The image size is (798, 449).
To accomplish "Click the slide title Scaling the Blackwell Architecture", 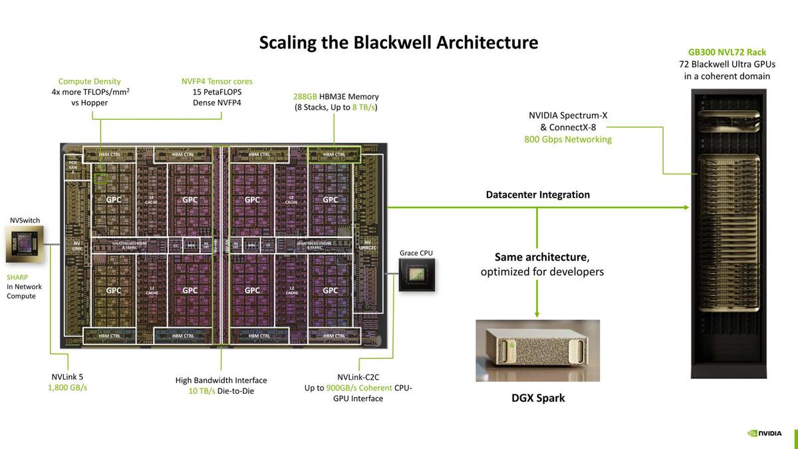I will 398,43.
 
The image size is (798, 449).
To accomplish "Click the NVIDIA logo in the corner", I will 765,433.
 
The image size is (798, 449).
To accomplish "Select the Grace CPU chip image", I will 416,275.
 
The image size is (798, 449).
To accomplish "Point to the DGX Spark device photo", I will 537,351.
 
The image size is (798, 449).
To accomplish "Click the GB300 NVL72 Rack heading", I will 727,52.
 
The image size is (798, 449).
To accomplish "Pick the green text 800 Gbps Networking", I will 568,139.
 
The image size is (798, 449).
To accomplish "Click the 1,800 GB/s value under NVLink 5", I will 67,387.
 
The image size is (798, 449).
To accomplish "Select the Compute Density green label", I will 89,81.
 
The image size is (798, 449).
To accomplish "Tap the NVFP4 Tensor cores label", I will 217,81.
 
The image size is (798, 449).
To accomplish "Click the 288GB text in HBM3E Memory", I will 305,96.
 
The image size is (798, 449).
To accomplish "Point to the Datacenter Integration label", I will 537,195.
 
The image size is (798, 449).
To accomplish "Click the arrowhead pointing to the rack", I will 686,208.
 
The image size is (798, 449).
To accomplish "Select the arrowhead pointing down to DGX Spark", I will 537,313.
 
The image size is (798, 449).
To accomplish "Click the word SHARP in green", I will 18,277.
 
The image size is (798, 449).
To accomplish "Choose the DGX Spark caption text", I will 537,398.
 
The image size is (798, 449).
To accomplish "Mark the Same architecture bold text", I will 541,257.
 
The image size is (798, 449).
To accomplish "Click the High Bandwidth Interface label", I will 221,380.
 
